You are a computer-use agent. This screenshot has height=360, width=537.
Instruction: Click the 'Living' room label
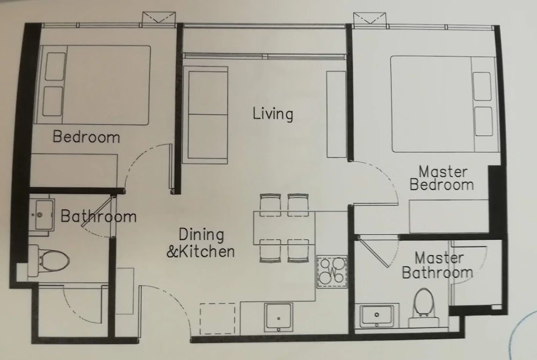(273, 114)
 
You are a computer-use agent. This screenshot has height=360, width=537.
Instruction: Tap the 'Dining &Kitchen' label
(200, 243)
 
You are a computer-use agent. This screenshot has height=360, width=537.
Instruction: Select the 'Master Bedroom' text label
(442, 178)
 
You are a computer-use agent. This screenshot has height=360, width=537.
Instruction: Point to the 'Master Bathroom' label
(437, 265)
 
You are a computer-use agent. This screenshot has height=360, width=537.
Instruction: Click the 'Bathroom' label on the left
(98, 217)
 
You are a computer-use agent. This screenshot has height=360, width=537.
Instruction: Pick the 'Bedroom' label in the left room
(86, 137)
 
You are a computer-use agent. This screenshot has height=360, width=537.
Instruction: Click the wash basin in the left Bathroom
(41, 213)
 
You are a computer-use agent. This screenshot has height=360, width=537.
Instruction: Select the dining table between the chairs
(285, 228)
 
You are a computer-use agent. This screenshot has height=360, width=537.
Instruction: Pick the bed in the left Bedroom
(95, 85)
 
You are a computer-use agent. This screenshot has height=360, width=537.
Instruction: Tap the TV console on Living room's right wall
(336, 114)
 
